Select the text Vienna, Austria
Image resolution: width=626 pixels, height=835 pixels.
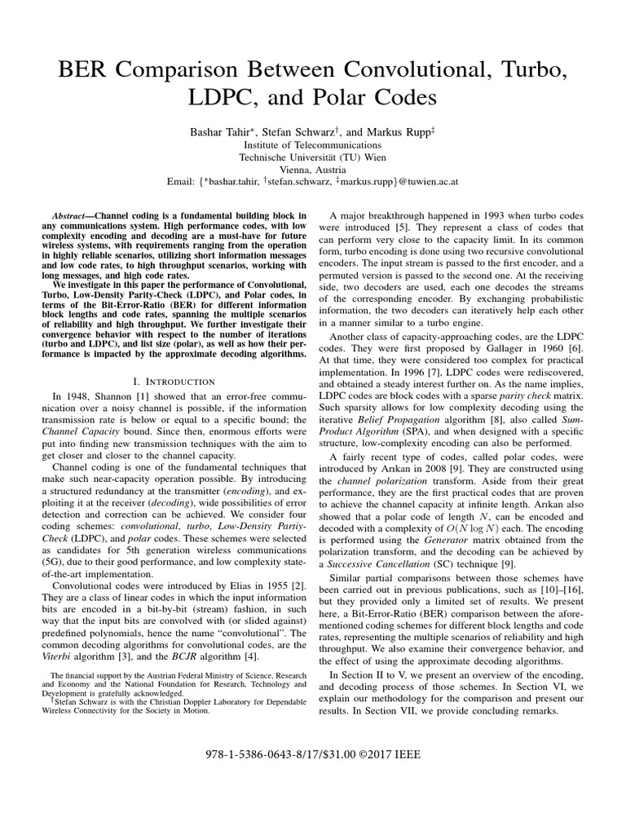click(313, 171)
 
